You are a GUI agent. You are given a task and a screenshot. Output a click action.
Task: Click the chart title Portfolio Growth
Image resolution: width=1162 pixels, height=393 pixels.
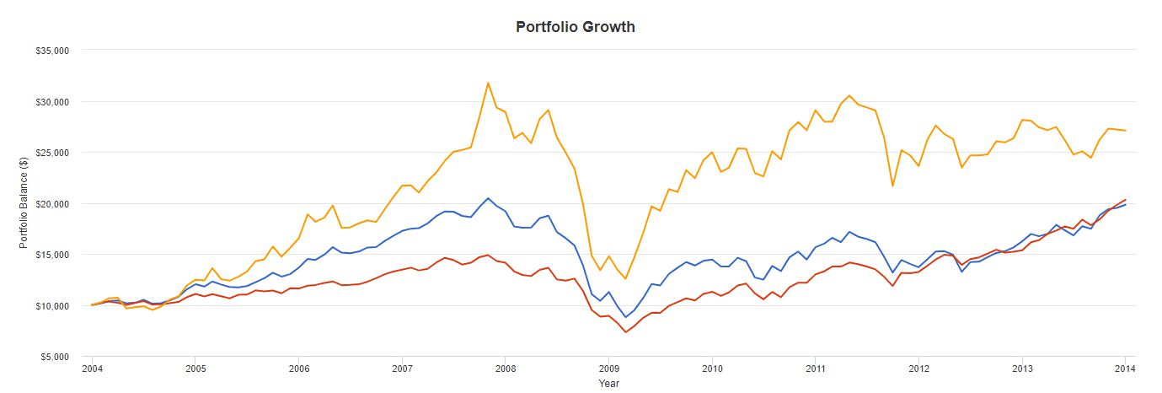576,27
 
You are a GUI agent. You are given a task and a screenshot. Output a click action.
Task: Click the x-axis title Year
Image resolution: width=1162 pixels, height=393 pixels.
608,383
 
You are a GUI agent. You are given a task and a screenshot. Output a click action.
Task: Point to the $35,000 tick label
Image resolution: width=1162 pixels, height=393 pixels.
51,51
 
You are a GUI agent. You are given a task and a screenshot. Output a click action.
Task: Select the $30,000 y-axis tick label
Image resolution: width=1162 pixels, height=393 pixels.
51,102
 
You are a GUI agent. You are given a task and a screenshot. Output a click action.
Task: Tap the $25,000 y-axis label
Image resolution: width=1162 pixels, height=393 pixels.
51,153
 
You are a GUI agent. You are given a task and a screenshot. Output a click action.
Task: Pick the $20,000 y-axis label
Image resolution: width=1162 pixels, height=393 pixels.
51,204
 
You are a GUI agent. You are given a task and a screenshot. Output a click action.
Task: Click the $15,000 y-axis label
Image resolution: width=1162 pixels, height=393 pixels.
51,255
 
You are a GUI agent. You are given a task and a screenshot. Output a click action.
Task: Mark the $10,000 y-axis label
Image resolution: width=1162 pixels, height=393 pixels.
51,306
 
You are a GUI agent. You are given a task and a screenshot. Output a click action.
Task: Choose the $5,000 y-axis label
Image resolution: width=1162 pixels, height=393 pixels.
54,357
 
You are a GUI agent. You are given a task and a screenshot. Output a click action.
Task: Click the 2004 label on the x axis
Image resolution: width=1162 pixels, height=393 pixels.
92,369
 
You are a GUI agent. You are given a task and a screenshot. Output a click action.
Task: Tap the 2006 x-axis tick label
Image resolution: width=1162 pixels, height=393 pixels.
298,369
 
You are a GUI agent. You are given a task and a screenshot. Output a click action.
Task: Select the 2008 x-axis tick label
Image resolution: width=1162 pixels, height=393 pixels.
506,369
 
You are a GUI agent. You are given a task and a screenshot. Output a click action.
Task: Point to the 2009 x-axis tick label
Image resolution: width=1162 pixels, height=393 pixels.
608,369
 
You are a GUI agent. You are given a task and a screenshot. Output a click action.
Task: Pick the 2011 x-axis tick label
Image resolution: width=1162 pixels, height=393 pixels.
815,369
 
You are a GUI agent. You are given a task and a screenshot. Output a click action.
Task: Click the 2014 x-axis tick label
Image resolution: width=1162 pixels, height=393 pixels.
1125,369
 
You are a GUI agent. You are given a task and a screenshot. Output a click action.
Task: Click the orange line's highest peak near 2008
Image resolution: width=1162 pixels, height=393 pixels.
488,83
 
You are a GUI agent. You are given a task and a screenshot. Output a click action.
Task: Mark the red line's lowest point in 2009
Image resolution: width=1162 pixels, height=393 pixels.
626,332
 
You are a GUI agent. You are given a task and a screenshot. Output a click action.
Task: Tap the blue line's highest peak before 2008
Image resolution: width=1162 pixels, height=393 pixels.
488,198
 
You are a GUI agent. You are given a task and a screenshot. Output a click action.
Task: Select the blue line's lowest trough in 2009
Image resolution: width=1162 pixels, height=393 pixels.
626,317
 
